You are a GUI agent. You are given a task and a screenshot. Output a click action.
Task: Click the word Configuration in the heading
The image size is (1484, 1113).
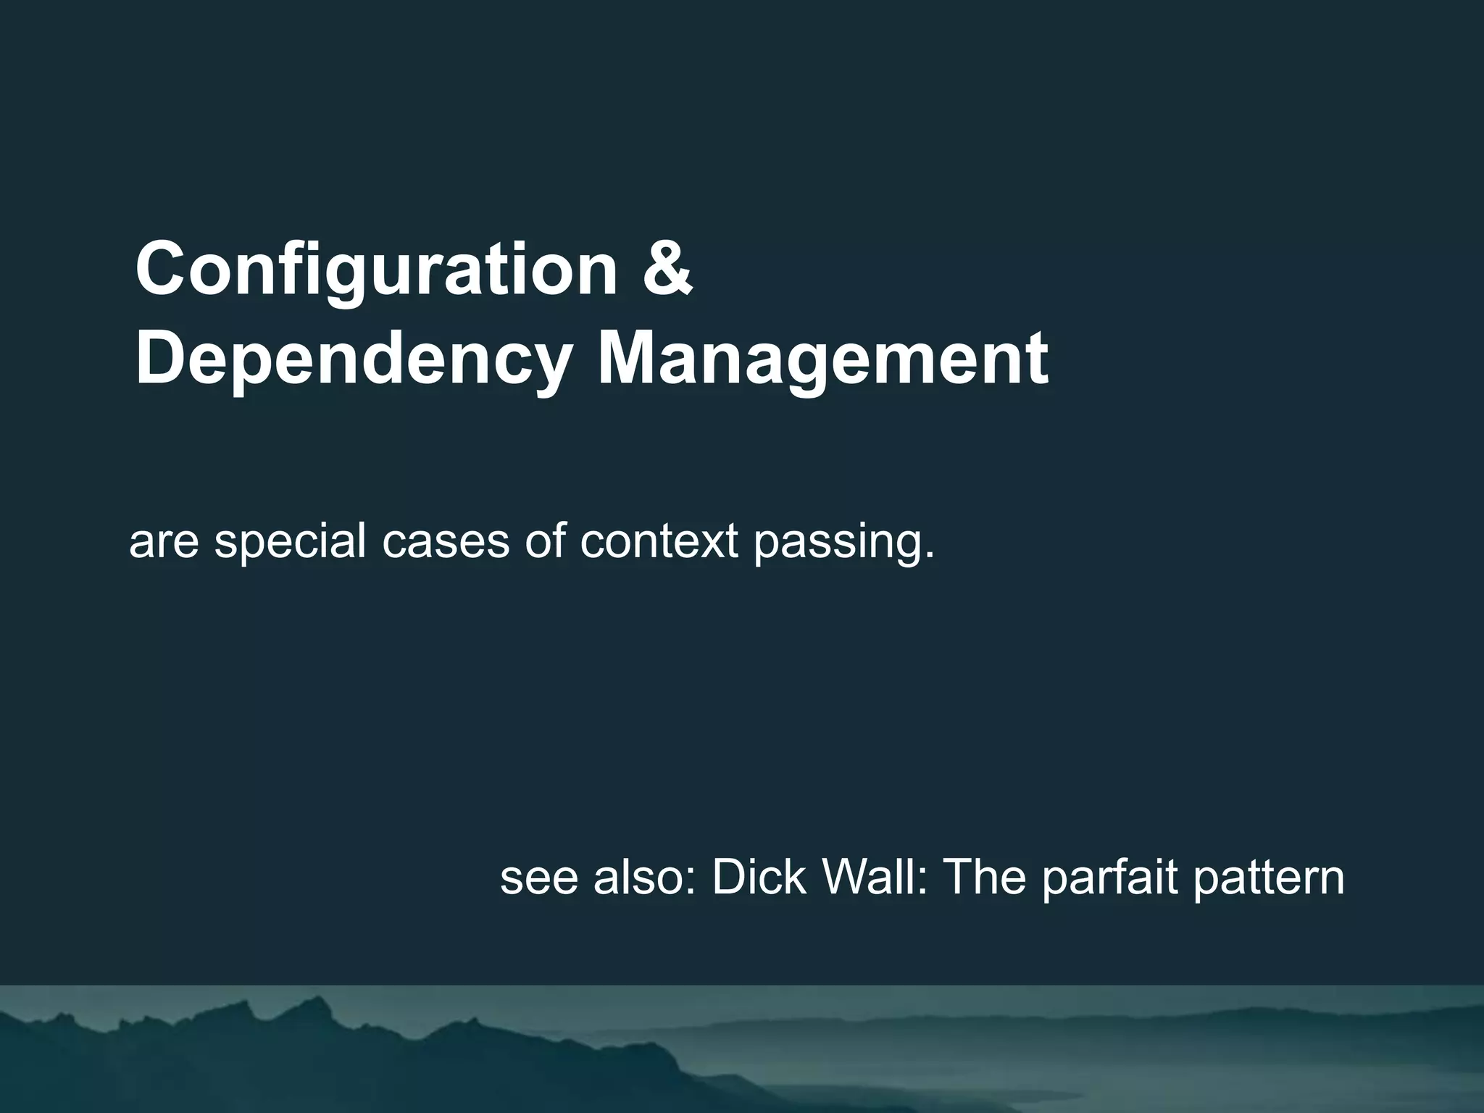(376, 270)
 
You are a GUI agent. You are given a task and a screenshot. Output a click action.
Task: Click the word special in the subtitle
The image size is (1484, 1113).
(290, 541)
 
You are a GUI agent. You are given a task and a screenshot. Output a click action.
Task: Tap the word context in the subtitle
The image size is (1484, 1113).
(659, 541)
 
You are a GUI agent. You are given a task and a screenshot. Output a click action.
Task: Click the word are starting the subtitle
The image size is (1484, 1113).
(164, 543)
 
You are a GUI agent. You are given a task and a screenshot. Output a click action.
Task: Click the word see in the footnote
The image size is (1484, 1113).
(538, 878)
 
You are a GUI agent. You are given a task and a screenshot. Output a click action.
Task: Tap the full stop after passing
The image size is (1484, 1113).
(929, 556)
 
